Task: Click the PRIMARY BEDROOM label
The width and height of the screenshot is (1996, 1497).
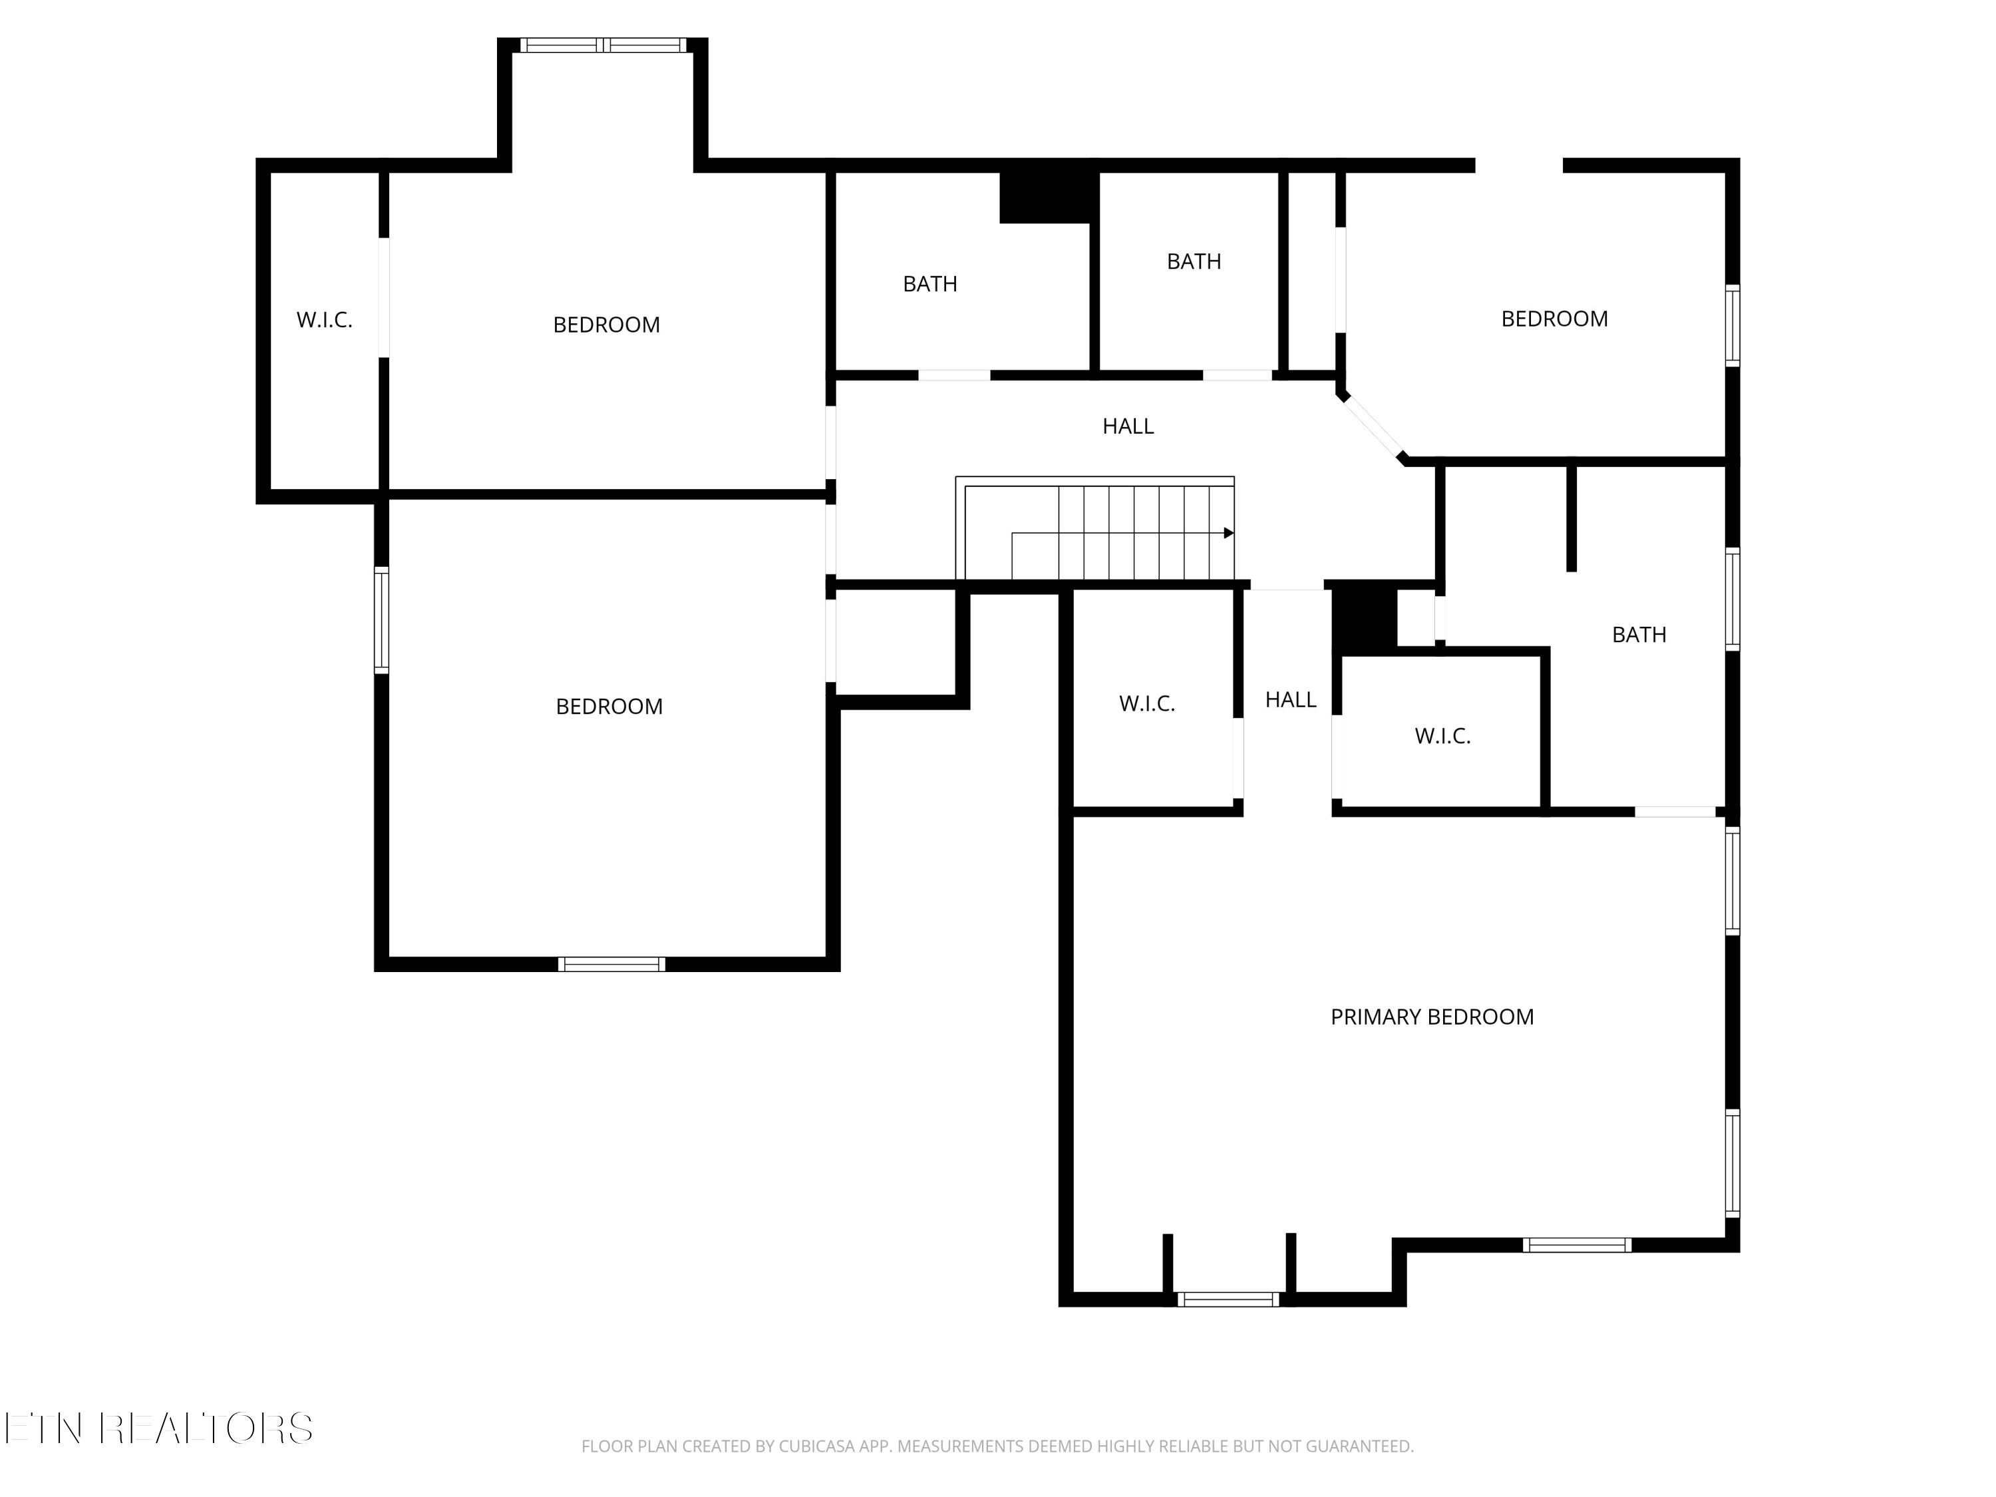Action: [x=1431, y=1017]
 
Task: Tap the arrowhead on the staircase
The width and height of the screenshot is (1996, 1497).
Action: [x=1228, y=534]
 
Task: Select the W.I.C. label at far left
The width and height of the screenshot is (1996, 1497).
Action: [x=324, y=320]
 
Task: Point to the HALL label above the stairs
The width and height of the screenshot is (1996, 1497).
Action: [x=1127, y=426]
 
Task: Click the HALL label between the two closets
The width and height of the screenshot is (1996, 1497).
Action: [x=1289, y=699]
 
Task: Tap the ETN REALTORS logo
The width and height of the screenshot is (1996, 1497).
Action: [x=160, y=1428]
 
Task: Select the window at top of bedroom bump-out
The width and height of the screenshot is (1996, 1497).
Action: [x=603, y=45]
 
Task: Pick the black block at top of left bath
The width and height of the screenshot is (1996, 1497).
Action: [x=1047, y=196]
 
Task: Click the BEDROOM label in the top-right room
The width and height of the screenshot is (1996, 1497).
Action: [x=1554, y=319]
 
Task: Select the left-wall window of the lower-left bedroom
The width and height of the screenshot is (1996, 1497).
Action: [x=382, y=620]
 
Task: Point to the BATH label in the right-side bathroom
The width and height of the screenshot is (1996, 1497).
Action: [x=1639, y=634]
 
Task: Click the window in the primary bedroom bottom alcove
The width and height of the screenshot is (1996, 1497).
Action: [x=1228, y=1299]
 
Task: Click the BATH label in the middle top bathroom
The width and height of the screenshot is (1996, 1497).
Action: [x=1193, y=261]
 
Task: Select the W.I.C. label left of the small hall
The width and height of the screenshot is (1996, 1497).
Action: [x=1147, y=704]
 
